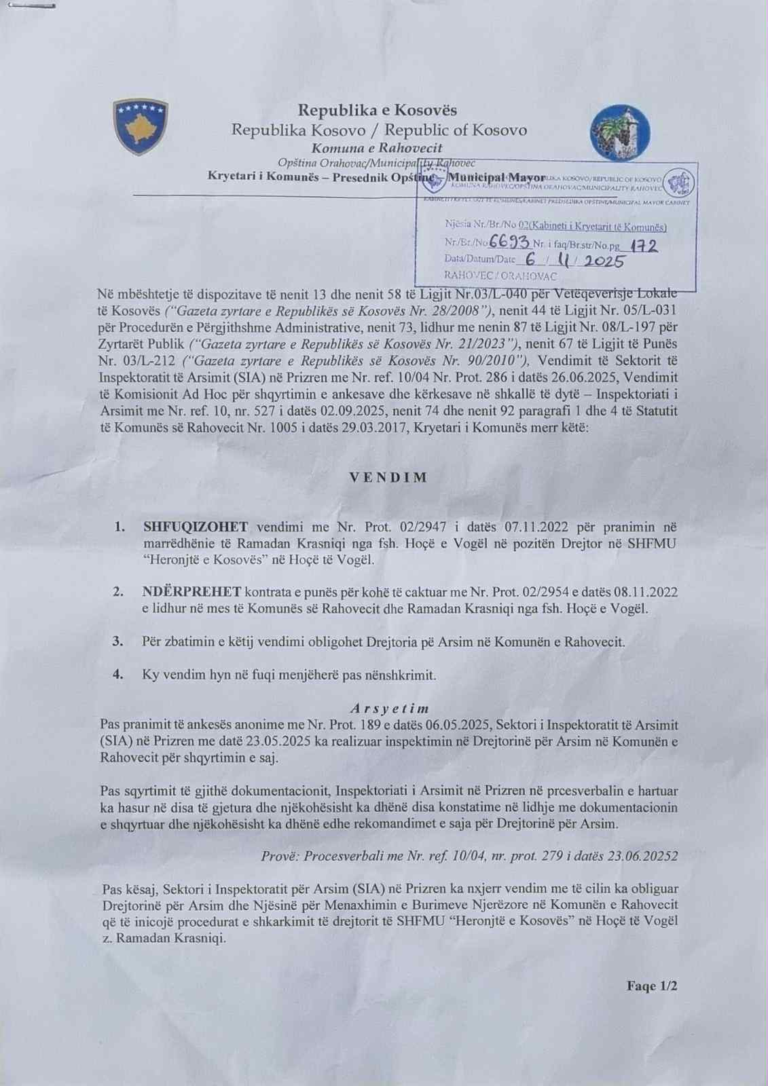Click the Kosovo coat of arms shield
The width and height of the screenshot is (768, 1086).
(141, 127)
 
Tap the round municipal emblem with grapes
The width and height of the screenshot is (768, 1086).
(620, 133)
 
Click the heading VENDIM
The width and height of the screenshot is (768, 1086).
(389, 477)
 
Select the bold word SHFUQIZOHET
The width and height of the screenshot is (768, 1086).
(196, 527)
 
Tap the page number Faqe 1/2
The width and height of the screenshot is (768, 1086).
(652, 986)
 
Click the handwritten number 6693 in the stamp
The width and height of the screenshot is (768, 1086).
(511, 243)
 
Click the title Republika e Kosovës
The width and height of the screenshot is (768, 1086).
(378, 110)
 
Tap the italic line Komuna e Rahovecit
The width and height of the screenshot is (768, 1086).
(377, 147)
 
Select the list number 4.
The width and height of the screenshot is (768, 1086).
(118, 675)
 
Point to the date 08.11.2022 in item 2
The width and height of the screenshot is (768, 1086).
(645, 592)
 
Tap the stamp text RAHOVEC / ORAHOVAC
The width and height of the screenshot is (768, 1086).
(500, 277)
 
